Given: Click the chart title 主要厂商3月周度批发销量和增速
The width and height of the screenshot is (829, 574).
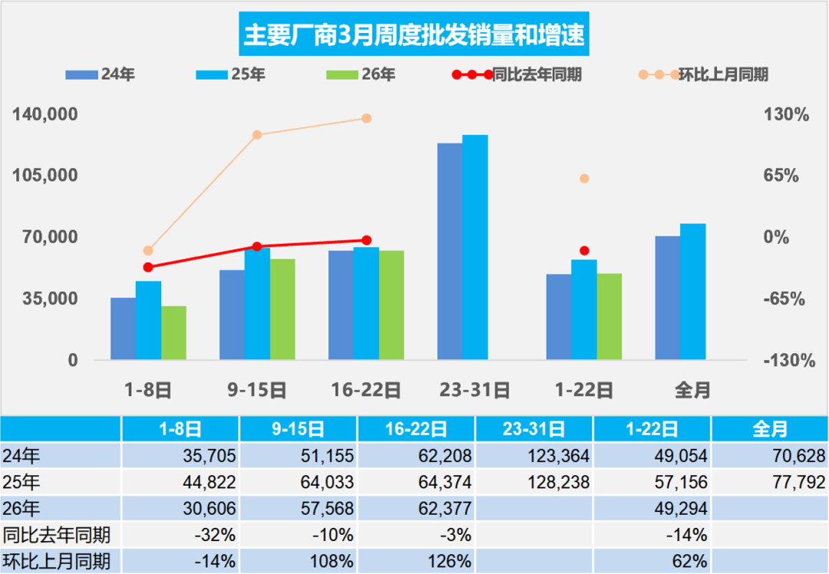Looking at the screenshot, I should pos(414,34).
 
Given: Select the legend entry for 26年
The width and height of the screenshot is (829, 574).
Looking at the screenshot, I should pos(361,74).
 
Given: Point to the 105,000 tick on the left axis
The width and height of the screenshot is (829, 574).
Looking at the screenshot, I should pos(47,176).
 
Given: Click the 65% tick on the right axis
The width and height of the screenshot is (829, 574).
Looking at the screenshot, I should pos(781,176).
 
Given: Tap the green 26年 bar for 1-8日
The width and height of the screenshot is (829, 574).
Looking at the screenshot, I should pos(173,333).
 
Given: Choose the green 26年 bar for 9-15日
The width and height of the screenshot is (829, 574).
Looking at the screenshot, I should pos(282,309).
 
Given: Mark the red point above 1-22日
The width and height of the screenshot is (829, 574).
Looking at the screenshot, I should pos(584,250).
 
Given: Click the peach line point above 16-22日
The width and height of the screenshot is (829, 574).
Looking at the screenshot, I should pos(366,118).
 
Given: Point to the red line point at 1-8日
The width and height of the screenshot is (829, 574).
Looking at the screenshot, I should pos(148,267).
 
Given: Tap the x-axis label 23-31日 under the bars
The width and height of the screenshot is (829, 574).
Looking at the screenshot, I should pos(474,390).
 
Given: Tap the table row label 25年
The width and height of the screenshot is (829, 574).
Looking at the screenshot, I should pos(23,483).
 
